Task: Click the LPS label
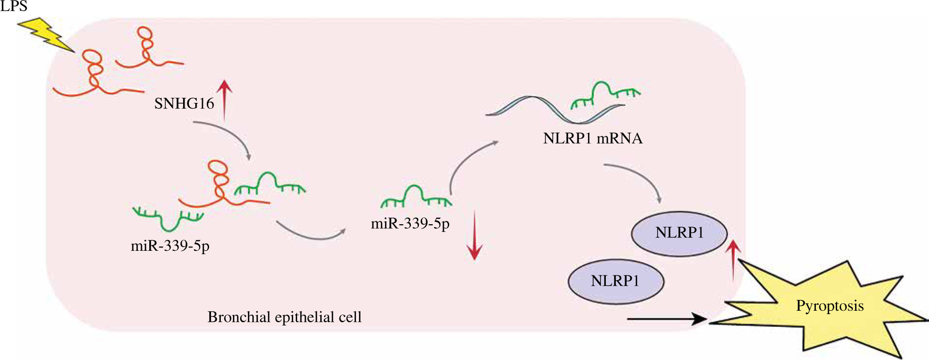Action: (14, 6)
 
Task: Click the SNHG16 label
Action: (184, 103)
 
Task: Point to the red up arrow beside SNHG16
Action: (224, 99)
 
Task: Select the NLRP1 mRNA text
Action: (593, 139)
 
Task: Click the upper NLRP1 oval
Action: (679, 233)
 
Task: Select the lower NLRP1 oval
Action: (615, 281)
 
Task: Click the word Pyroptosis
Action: (829, 306)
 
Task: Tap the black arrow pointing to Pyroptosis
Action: (667, 319)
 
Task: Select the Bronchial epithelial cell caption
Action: (285, 317)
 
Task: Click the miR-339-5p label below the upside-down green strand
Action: (170, 246)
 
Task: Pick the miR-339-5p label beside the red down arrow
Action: (410, 224)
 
